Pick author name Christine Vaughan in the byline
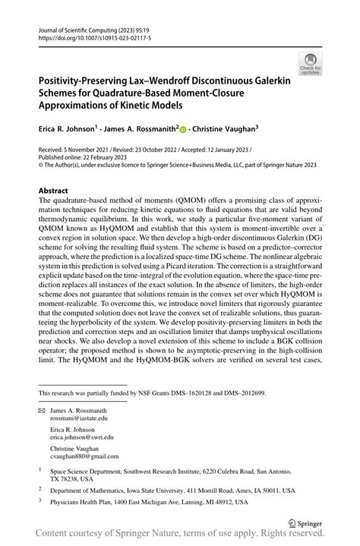click(x=225, y=129)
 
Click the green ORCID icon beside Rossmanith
click(x=183, y=129)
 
